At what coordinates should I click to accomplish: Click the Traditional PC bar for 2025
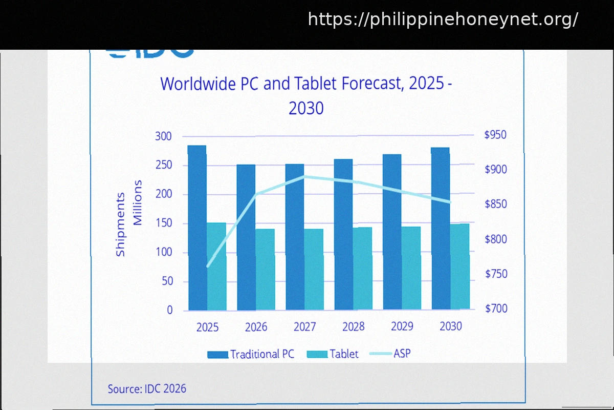pyautogui.click(x=197, y=228)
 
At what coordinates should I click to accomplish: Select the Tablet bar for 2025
pyautogui.click(x=216, y=266)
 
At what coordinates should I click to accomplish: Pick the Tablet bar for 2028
pyautogui.click(x=363, y=269)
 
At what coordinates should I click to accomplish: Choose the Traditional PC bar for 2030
pyautogui.click(x=441, y=229)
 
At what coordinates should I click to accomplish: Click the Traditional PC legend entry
pyautogui.click(x=251, y=354)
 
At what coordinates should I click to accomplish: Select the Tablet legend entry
pyautogui.click(x=333, y=354)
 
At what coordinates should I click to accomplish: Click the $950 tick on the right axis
pyautogui.click(x=495, y=135)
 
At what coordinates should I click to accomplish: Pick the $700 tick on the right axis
pyautogui.click(x=495, y=309)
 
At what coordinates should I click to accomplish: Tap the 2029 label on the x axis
pyautogui.click(x=402, y=326)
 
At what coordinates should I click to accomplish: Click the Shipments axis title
pyautogui.click(x=121, y=224)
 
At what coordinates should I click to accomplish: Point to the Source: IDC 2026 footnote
pyautogui.click(x=147, y=388)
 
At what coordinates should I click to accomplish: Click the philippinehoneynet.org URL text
pyautogui.click(x=443, y=19)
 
